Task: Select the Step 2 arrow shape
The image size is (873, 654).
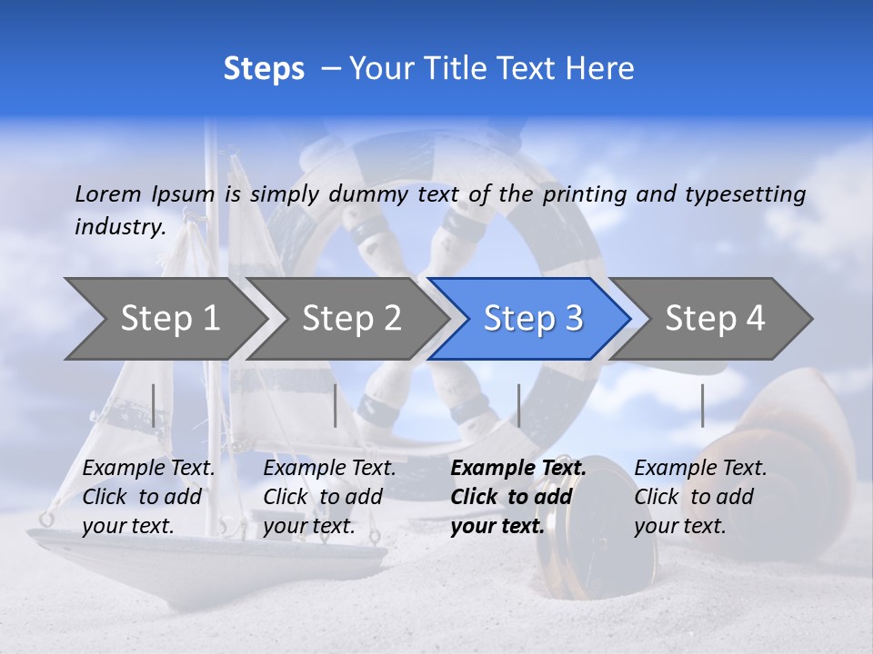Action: coord(351,318)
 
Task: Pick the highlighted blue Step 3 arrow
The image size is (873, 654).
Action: coord(533,318)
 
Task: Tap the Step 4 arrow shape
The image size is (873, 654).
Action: coord(715,318)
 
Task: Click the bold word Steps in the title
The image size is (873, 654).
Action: coord(264,68)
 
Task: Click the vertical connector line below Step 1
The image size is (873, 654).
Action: coord(154,405)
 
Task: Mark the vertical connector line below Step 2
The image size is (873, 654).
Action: coord(336,405)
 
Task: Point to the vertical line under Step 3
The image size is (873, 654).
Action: coord(518,405)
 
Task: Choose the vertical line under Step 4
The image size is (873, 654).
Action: coord(702,405)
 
